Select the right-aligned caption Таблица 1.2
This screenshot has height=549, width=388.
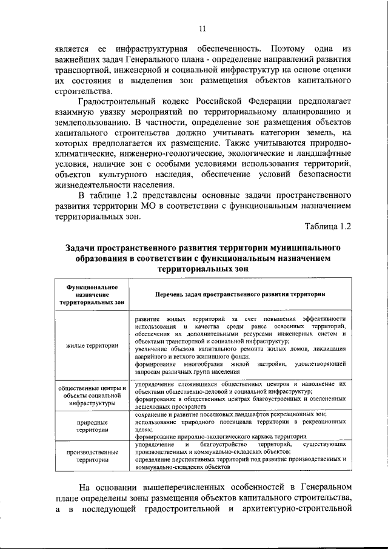[x=328, y=227]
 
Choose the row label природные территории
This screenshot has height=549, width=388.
[x=92, y=425]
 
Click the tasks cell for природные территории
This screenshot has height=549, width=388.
[x=240, y=425]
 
